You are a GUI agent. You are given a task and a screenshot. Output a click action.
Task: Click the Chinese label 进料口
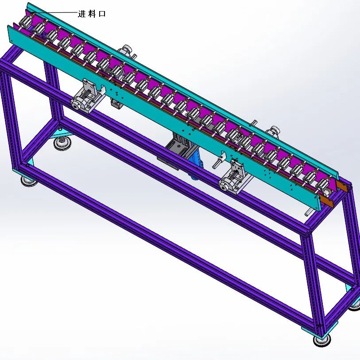coord(92,14)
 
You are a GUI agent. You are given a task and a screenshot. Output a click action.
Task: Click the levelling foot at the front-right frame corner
coord(321,340)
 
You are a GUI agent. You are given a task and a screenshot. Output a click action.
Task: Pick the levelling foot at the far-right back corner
coord(355,305)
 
